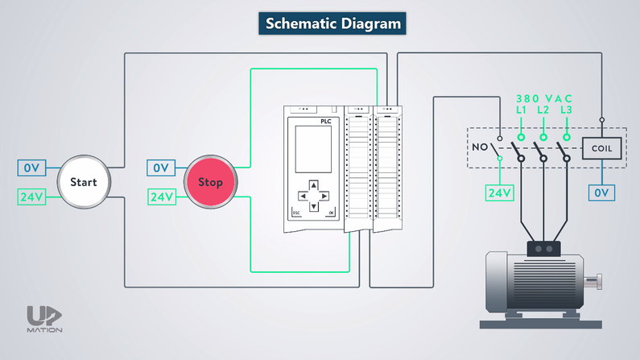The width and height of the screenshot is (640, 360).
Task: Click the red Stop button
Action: click(209, 182)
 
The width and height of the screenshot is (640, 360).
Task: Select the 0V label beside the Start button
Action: click(31, 168)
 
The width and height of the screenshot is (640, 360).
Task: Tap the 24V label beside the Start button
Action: click(31, 197)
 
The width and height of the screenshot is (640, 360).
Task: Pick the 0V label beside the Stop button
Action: click(160, 168)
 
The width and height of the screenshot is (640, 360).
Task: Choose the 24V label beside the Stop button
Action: click(160, 197)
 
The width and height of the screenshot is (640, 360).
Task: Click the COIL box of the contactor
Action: click(601, 149)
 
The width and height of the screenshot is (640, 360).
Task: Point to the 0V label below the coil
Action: click(601, 192)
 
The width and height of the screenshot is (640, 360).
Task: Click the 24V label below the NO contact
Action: click(499, 193)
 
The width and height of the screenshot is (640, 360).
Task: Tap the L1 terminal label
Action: click(521, 109)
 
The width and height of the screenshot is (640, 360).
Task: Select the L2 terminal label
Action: click(543, 109)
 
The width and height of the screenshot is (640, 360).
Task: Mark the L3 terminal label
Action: click(567, 109)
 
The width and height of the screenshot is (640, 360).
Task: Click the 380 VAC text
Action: click(543, 97)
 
